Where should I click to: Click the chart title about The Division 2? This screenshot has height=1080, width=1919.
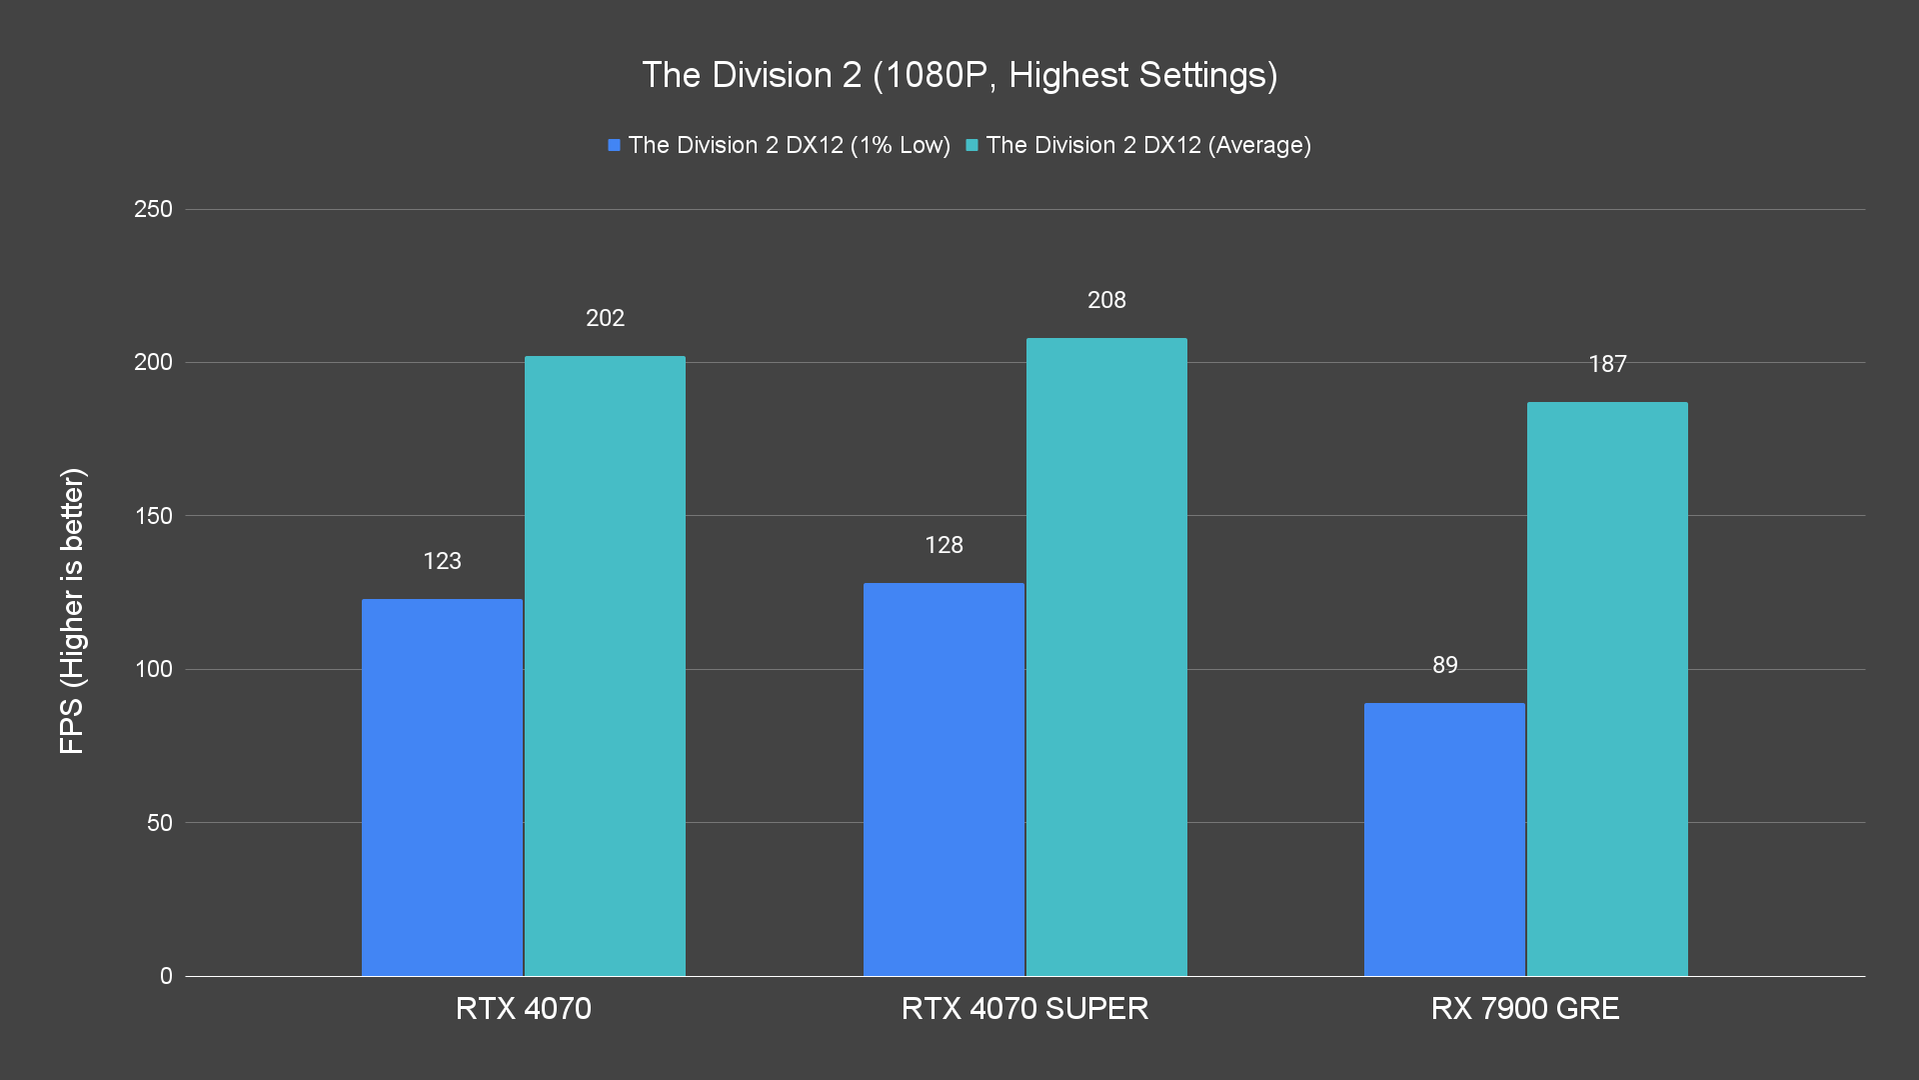(959, 75)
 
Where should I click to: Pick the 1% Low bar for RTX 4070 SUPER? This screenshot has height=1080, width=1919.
(944, 779)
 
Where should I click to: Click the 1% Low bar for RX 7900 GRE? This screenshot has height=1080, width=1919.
(1444, 839)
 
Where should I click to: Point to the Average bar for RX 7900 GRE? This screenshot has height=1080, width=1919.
(1607, 689)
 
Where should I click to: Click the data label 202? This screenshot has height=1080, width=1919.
(605, 318)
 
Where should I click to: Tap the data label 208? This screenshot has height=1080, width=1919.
(1106, 300)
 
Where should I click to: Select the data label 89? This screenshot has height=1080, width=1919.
(1444, 665)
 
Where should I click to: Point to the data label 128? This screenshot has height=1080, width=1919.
(944, 545)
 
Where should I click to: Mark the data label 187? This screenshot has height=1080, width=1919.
(1607, 364)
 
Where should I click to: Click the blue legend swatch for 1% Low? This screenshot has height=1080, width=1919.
(615, 145)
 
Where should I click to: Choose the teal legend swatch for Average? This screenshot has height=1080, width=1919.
(971, 145)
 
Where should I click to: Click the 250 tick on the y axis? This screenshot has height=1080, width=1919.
(153, 209)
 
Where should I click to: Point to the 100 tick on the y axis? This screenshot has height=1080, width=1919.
(153, 669)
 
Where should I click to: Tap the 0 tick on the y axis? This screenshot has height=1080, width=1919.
(166, 976)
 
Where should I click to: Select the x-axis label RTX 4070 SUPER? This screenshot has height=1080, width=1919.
(1024, 1008)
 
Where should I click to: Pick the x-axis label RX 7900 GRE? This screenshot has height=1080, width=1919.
(1525, 1008)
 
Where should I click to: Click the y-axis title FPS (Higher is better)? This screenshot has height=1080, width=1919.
(72, 610)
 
